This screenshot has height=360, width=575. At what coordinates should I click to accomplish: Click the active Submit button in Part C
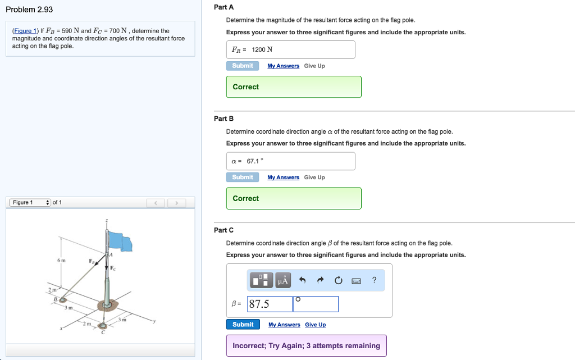[243, 324]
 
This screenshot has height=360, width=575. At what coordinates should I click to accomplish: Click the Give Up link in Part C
[315, 325]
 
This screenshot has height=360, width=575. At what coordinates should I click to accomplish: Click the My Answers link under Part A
[283, 66]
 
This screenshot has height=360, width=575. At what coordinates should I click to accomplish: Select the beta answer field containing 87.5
[270, 304]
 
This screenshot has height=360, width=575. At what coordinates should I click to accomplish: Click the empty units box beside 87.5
[316, 304]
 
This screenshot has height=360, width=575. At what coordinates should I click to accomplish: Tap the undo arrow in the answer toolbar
[302, 280]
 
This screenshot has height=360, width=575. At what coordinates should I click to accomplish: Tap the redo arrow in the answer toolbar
[320, 280]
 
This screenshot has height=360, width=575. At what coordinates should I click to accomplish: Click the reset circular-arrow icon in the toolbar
[338, 280]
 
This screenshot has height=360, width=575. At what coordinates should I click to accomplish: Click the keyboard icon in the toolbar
[356, 280]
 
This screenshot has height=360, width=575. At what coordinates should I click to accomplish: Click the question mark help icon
[374, 280]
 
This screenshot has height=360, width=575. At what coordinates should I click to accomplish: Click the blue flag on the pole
[119, 241]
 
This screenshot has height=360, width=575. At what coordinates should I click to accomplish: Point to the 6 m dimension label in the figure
[61, 261]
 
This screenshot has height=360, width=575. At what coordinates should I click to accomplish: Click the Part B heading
[223, 119]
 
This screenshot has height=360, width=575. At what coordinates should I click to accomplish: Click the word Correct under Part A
[246, 87]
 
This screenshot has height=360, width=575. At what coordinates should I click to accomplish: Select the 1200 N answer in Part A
[262, 49]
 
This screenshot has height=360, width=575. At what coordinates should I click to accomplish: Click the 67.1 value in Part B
[254, 161]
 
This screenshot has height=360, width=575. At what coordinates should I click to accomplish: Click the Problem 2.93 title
[29, 10]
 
